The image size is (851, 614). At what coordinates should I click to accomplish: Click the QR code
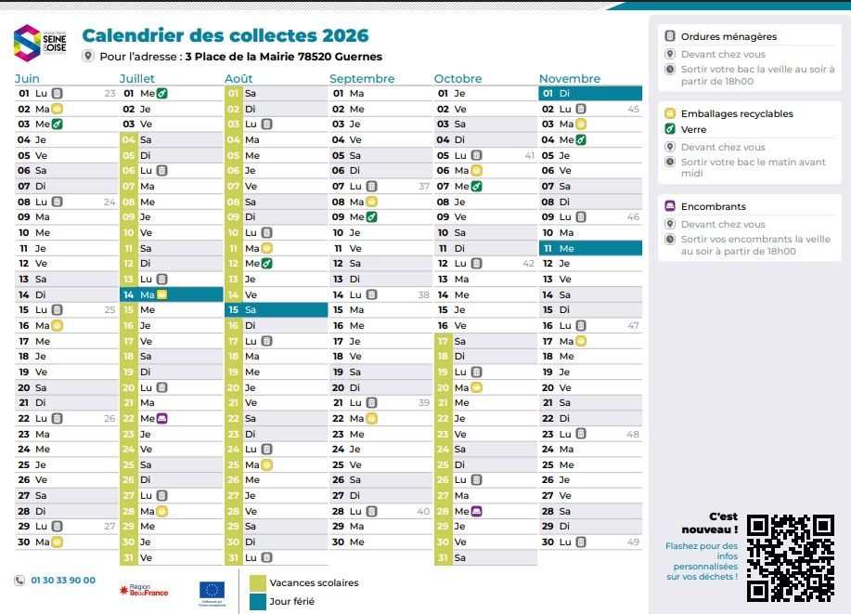click(x=791, y=556)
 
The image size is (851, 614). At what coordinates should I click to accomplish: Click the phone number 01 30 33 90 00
click(x=63, y=581)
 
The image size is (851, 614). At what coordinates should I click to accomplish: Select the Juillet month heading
click(x=137, y=78)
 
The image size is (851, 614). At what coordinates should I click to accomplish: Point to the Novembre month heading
click(x=569, y=78)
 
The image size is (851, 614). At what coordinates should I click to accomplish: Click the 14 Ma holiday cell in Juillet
click(x=172, y=294)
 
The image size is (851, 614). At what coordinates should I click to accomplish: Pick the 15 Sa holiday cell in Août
click(x=276, y=310)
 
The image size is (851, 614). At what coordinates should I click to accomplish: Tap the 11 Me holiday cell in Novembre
click(x=590, y=248)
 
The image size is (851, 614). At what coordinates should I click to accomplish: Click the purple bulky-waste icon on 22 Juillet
click(x=162, y=419)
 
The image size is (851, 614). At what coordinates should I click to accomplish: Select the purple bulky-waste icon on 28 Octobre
click(x=476, y=512)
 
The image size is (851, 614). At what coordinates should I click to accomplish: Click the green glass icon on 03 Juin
click(x=57, y=124)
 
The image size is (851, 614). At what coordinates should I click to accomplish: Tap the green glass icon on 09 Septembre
click(x=371, y=217)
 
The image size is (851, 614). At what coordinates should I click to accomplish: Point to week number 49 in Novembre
click(x=633, y=542)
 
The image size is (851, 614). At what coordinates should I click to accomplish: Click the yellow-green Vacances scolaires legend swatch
click(x=257, y=582)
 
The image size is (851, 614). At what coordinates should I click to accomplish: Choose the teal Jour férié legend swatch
click(x=257, y=601)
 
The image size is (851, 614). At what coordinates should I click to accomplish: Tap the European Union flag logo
click(x=212, y=590)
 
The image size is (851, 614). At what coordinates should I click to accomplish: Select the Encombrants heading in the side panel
click(x=713, y=206)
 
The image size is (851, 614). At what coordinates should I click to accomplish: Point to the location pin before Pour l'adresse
click(x=88, y=57)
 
